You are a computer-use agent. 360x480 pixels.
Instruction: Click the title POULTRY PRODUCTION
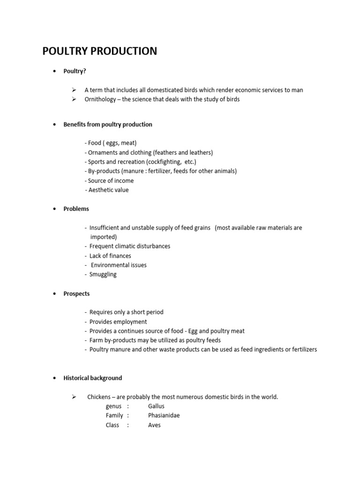point(99,51)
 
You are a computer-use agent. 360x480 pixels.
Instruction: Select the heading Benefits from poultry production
point(108,124)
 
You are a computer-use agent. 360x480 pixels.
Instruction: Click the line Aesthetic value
point(108,190)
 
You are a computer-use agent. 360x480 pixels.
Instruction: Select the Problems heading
point(76,209)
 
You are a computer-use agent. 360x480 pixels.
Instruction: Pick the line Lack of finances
point(110,255)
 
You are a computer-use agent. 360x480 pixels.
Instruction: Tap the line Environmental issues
point(119,265)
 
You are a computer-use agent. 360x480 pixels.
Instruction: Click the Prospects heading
point(76,293)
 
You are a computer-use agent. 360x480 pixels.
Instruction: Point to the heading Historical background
point(93,378)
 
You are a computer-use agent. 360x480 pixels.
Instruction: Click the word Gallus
point(156,406)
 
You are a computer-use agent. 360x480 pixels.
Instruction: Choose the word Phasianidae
point(164,415)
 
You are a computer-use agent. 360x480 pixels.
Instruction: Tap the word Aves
point(154,425)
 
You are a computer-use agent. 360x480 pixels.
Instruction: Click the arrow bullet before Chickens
point(74,397)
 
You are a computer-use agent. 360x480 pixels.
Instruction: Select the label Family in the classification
point(114,415)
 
